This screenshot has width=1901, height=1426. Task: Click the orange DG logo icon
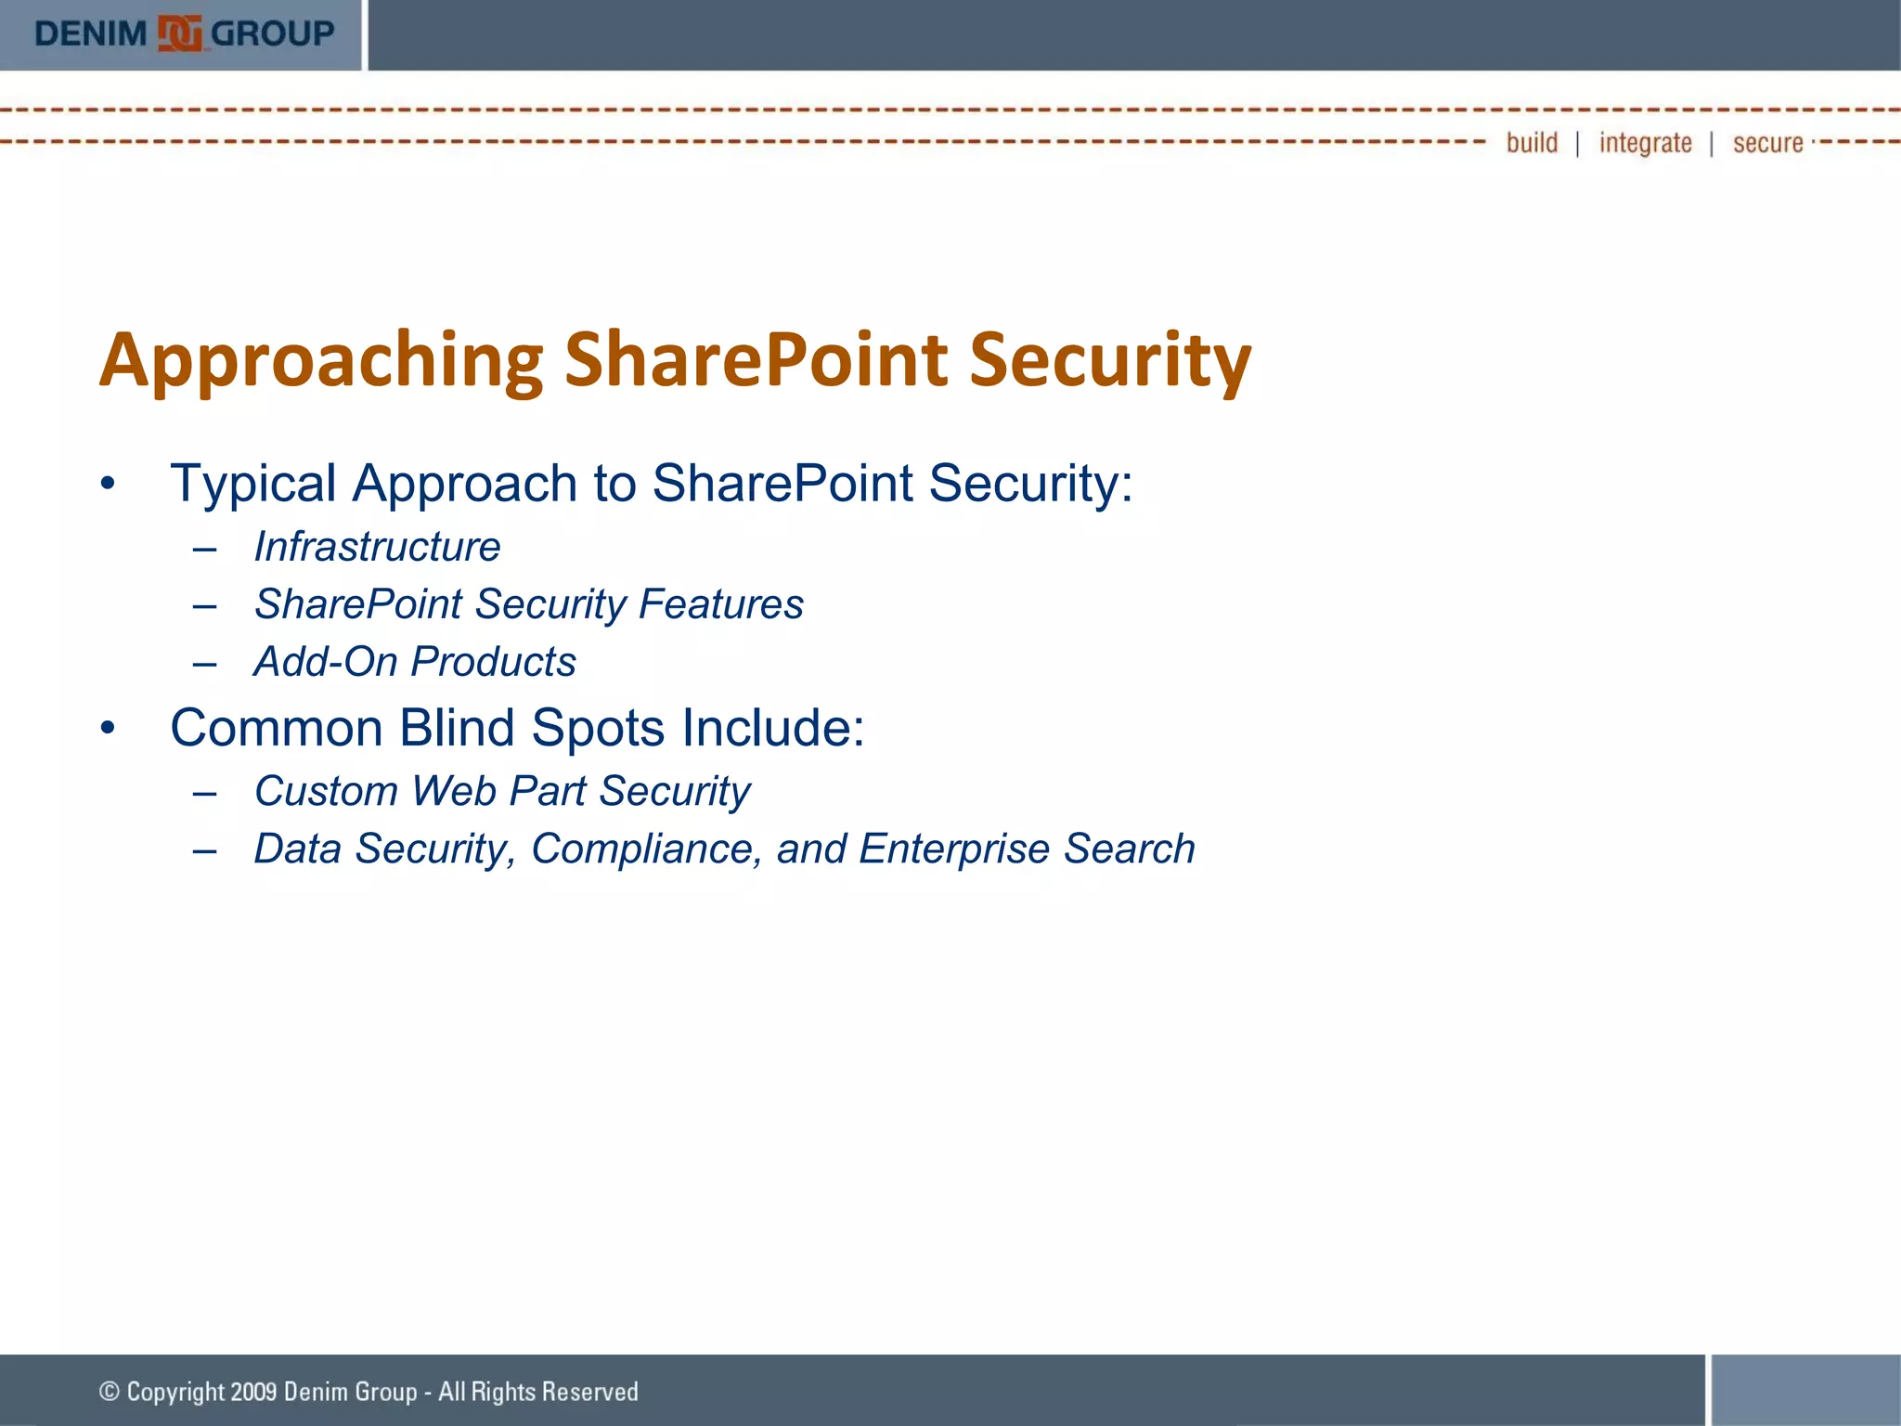coord(179,34)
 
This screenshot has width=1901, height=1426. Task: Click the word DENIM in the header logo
coord(91,34)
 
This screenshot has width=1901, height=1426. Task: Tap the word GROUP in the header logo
coord(273,34)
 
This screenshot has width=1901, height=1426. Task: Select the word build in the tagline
coord(1532,143)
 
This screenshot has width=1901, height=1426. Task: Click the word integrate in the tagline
coord(1645,144)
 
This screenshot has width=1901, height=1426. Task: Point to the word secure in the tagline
coord(1767,144)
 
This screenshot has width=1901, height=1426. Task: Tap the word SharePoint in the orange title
coord(756,360)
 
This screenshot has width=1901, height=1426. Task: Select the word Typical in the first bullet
coord(252,485)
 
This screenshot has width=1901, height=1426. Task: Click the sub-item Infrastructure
coord(377,547)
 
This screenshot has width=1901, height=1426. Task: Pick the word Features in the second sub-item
coord(720,604)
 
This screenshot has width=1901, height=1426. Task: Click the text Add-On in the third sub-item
coord(325,662)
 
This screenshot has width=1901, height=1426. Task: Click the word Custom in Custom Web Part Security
coord(326,792)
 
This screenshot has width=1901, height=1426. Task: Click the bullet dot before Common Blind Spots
coord(109,729)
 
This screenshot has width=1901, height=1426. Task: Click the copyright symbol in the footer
coord(110,1392)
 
